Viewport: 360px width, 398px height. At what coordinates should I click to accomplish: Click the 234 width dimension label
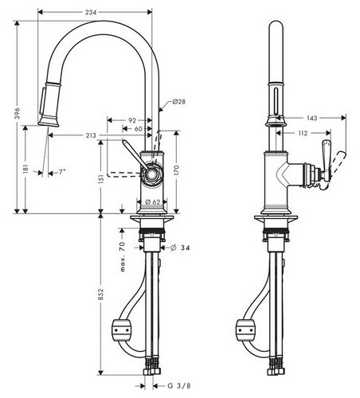(91, 12)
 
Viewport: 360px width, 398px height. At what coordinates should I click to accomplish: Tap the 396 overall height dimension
(18, 114)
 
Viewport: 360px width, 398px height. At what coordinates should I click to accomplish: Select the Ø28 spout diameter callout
(178, 101)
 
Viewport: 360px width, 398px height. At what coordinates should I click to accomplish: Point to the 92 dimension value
(132, 120)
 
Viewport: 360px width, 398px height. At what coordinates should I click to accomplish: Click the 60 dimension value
(139, 129)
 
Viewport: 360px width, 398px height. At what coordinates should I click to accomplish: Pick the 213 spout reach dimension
(91, 135)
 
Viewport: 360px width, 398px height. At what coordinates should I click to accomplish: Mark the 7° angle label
(62, 172)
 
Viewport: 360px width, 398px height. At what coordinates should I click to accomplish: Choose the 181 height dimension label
(25, 169)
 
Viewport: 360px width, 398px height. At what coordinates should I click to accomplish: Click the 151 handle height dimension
(101, 179)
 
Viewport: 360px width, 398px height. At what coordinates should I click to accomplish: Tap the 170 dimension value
(177, 170)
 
